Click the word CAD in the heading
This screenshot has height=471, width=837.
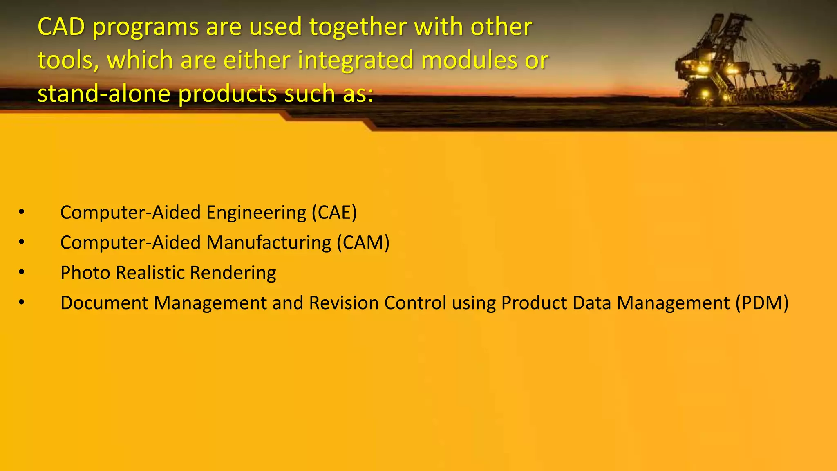(x=61, y=27)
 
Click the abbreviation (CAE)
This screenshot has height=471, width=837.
(x=334, y=213)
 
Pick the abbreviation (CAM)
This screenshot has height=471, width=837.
(x=363, y=243)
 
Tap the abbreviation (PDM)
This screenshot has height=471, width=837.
(x=762, y=303)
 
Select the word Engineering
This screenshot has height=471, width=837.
(x=256, y=213)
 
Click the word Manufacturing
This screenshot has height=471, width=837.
(x=269, y=243)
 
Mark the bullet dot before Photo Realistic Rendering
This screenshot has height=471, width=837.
(x=22, y=272)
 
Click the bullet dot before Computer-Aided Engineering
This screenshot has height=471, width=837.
(x=22, y=212)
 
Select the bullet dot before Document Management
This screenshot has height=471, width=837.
(x=22, y=303)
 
